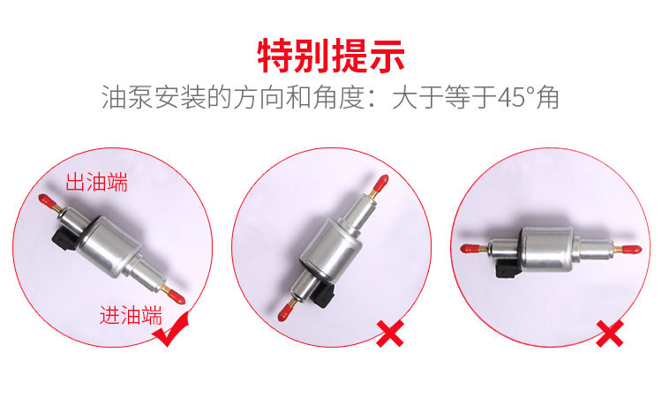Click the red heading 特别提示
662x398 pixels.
(x=331, y=56)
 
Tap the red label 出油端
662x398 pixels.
(x=97, y=183)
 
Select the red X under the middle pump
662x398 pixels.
(x=389, y=333)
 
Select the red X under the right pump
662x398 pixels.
(x=609, y=334)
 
